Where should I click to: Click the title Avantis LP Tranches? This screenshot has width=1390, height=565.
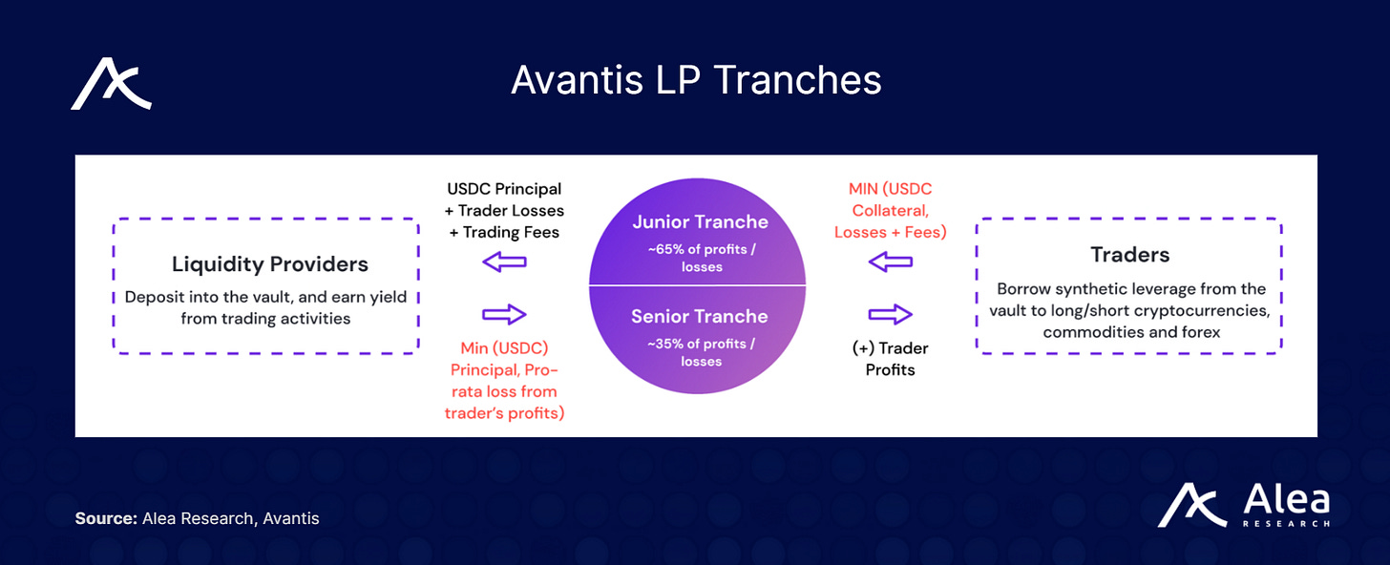coord(696,81)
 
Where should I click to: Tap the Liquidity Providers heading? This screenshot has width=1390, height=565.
coord(270,263)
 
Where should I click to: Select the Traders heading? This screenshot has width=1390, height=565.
coord(1129,255)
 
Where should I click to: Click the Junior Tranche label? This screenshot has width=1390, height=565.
coord(700,222)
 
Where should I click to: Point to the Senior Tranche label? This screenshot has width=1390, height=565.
coord(700,316)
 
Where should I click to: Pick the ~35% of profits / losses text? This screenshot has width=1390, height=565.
coord(700,352)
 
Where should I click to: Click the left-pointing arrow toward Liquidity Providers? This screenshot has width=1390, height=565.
coord(505,262)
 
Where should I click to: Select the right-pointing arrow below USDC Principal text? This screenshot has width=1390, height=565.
coord(505,314)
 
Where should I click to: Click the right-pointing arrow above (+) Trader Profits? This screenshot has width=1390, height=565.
coord(891,314)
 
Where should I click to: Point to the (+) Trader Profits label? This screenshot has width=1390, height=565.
coord(890,359)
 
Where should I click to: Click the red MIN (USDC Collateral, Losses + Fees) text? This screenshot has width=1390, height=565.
coord(890,210)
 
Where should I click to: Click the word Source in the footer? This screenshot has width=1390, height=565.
coord(106,519)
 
